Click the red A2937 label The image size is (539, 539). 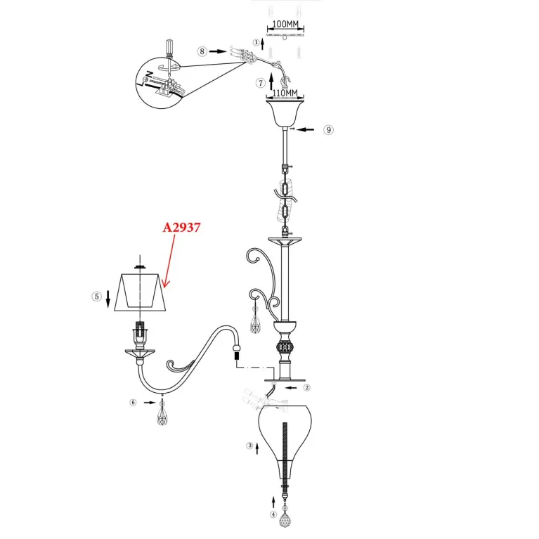coord(181,228)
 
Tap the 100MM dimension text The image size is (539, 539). coord(285,24)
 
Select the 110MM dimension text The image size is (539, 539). coord(285,93)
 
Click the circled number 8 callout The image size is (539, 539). coord(202,51)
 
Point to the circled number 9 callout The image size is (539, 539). coord(329,130)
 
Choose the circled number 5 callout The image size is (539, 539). coord(96,297)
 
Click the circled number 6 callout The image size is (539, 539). coord(133,403)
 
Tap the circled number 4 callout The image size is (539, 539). coord(273,514)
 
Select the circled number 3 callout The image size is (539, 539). coord(250,446)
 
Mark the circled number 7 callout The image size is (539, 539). coord(261,83)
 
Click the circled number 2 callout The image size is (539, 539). coord(307,388)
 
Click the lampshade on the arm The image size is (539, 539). coord(141,292)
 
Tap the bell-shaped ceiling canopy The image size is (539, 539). coord(285,112)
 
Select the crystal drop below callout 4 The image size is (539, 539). coord(285,519)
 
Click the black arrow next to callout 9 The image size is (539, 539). coord(305,129)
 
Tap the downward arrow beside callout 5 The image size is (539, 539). coord(108,299)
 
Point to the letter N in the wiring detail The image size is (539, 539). coord(149,74)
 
